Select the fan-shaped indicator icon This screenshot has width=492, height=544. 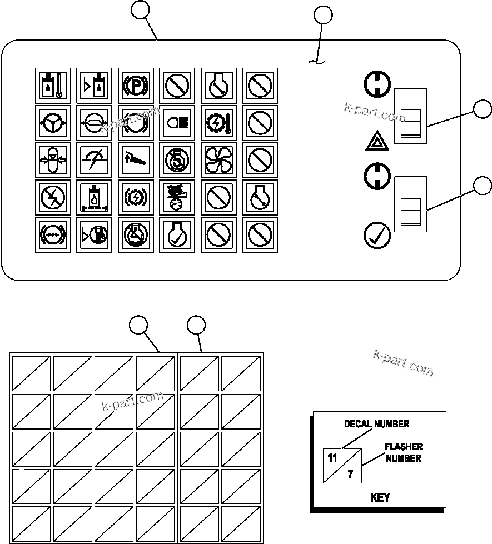click(x=218, y=159)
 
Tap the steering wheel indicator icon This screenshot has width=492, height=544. click(x=52, y=122)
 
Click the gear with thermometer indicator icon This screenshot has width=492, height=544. click(x=218, y=122)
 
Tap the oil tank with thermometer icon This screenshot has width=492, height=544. click(x=52, y=86)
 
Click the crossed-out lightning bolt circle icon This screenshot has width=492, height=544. click(x=52, y=197)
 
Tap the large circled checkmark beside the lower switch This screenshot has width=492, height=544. click(x=376, y=235)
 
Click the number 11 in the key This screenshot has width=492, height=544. click(x=332, y=458)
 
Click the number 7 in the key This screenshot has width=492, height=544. click(x=350, y=475)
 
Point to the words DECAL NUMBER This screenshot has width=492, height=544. click(x=376, y=424)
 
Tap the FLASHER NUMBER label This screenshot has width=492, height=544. click(x=404, y=452)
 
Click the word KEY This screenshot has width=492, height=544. click(x=380, y=497)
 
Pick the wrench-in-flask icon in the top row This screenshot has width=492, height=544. click(x=218, y=86)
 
